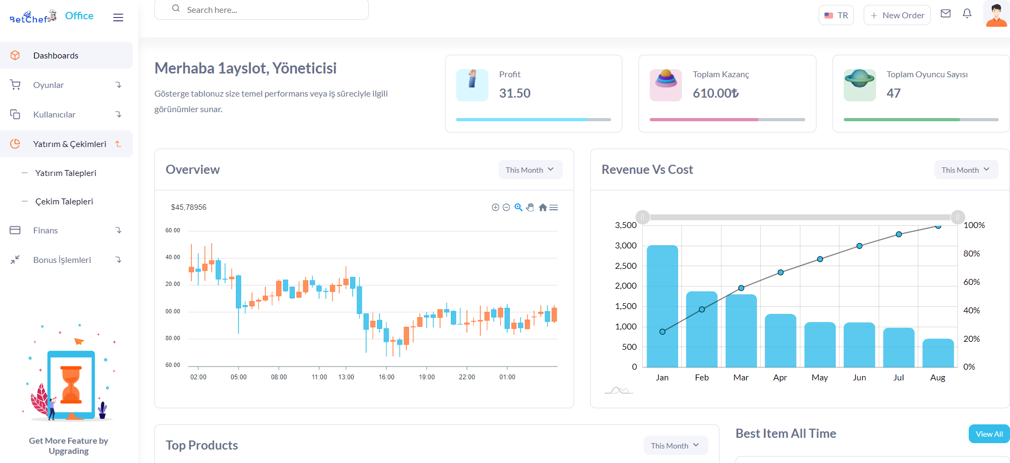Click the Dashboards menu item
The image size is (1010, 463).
pyautogui.click(x=66, y=55)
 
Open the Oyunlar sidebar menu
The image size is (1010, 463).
pyautogui.click(x=66, y=85)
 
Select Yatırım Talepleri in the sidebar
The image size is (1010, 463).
pyautogui.click(x=66, y=173)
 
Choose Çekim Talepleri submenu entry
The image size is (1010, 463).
pyautogui.click(x=64, y=201)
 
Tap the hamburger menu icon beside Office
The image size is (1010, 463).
pyautogui.click(x=118, y=17)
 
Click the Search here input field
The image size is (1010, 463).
pyautogui.click(x=262, y=10)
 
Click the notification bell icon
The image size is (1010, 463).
pyautogui.click(x=967, y=13)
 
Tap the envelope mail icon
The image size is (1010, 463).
pyautogui.click(x=946, y=13)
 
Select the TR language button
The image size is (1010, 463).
pyautogui.click(x=836, y=15)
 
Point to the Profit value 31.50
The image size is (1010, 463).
pyautogui.click(x=515, y=93)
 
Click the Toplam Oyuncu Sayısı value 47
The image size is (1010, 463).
pyautogui.click(x=894, y=93)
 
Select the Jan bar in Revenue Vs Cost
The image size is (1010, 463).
pyautogui.click(x=663, y=306)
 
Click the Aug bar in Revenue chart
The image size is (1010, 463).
pyautogui.click(x=938, y=353)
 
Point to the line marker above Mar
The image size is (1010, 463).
pyautogui.click(x=741, y=288)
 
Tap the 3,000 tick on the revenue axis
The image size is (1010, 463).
pyautogui.click(x=626, y=245)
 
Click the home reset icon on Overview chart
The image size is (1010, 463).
pyautogui.click(x=543, y=208)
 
